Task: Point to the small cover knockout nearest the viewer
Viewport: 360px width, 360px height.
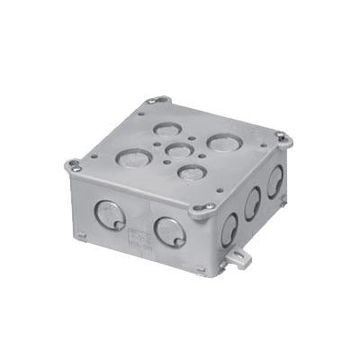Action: click(188, 170)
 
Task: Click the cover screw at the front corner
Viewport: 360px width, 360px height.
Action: click(208, 207)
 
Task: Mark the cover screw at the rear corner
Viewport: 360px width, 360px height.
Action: click(160, 101)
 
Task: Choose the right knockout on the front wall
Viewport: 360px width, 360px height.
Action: click(167, 231)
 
